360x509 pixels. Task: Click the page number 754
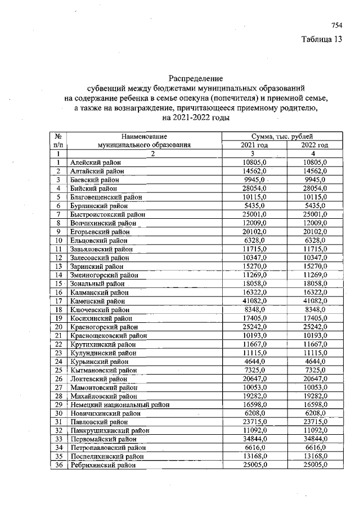[x=336, y=25]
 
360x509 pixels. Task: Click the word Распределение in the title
[x=196, y=78]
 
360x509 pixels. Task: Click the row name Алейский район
[x=92, y=162]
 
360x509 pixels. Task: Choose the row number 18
[x=58, y=310]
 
